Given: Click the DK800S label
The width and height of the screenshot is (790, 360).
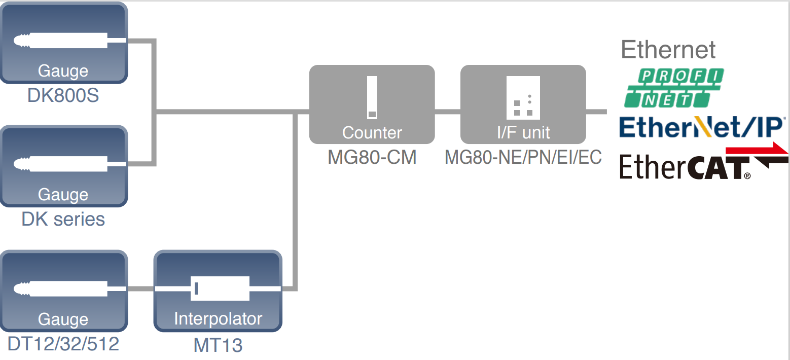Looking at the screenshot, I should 63,95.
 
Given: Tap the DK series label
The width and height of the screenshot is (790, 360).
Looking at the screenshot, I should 63,219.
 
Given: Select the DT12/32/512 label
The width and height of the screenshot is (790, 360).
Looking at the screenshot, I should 63,344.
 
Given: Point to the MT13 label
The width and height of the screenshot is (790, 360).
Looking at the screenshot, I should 218,345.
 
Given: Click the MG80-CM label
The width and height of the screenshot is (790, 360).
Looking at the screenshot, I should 372,157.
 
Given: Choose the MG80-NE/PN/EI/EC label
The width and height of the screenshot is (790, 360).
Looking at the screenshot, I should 523,157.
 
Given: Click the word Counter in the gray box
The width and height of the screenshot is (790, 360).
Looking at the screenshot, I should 372,132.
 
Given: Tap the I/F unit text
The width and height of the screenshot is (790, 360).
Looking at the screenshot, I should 523,132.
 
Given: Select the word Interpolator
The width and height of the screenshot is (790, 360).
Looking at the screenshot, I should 218,318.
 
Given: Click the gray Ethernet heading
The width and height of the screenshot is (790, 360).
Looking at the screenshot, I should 668,50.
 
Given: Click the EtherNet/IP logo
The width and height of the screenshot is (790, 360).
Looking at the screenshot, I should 702,127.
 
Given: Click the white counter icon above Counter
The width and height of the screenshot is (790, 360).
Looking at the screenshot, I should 372,97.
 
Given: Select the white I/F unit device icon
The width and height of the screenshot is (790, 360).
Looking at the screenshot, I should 523,97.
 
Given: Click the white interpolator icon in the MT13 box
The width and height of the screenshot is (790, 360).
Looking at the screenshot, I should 220,289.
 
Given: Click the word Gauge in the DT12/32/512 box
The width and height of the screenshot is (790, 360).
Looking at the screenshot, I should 63,319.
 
